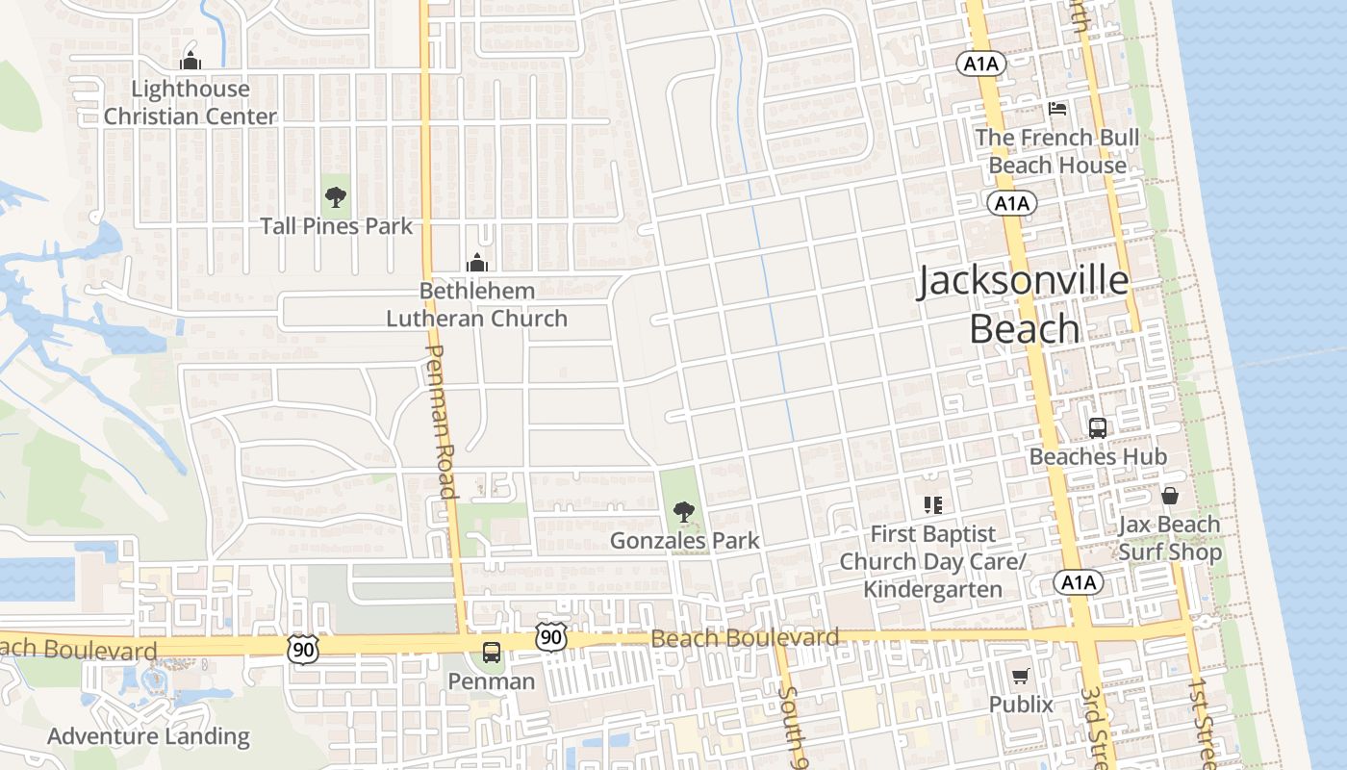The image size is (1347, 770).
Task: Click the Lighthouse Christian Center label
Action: (x=190, y=103)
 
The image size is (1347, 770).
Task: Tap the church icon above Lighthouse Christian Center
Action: (x=190, y=60)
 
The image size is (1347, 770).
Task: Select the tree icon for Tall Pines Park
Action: (x=335, y=198)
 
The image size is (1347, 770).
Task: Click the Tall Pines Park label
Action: (x=336, y=226)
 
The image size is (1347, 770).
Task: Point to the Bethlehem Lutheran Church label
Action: (x=476, y=304)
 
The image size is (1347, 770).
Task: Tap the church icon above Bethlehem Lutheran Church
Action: (x=476, y=262)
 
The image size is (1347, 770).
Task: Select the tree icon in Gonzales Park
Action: (x=683, y=512)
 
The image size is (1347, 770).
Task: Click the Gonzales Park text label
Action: (x=684, y=541)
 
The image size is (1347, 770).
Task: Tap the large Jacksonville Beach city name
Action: (x=1023, y=304)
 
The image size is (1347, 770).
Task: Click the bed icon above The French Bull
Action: (x=1056, y=109)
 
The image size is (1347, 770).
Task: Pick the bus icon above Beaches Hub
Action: (x=1097, y=428)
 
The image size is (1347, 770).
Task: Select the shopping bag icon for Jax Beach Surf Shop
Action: (x=1169, y=497)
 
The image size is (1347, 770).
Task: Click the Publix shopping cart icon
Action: (x=1020, y=676)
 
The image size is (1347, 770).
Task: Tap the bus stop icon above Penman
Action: (x=491, y=653)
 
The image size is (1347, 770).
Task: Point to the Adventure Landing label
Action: (x=148, y=737)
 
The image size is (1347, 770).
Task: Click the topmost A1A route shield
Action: (x=981, y=64)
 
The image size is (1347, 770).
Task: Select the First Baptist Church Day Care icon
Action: (x=932, y=504)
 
